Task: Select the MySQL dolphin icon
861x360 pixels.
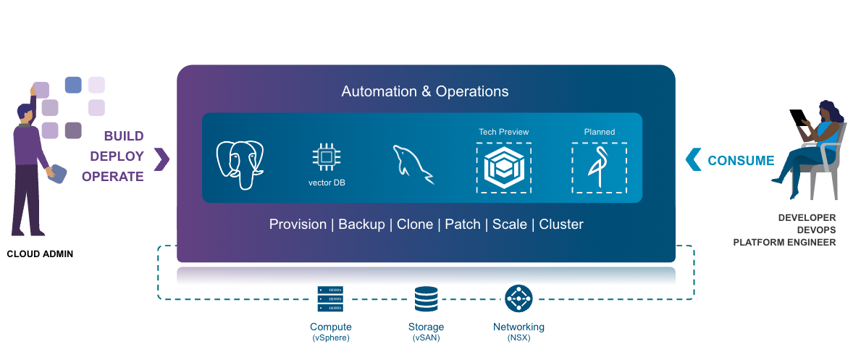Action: click(413, 164)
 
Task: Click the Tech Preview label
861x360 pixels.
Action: click(503, 132)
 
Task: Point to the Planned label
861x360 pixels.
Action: click(599, 132)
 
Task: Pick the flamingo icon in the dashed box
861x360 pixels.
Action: click(598, 168)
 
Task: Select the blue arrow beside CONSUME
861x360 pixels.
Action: click(693, 159)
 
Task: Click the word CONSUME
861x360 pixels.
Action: click(741, 161)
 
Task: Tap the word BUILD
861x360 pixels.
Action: click(124, 136)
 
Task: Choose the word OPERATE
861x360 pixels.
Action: click(113, 177)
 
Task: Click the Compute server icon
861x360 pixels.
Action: click(330, 298)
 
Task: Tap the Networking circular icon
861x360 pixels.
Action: click(518, 298)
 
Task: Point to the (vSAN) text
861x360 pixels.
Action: click(426, 338)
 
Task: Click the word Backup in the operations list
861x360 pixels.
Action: click(361, 225)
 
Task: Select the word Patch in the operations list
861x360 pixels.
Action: click(462, 225)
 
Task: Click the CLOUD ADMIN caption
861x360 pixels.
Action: click(40, 254)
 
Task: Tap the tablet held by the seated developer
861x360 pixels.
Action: click(799, 117)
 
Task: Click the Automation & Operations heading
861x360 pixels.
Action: click(425, 92)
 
